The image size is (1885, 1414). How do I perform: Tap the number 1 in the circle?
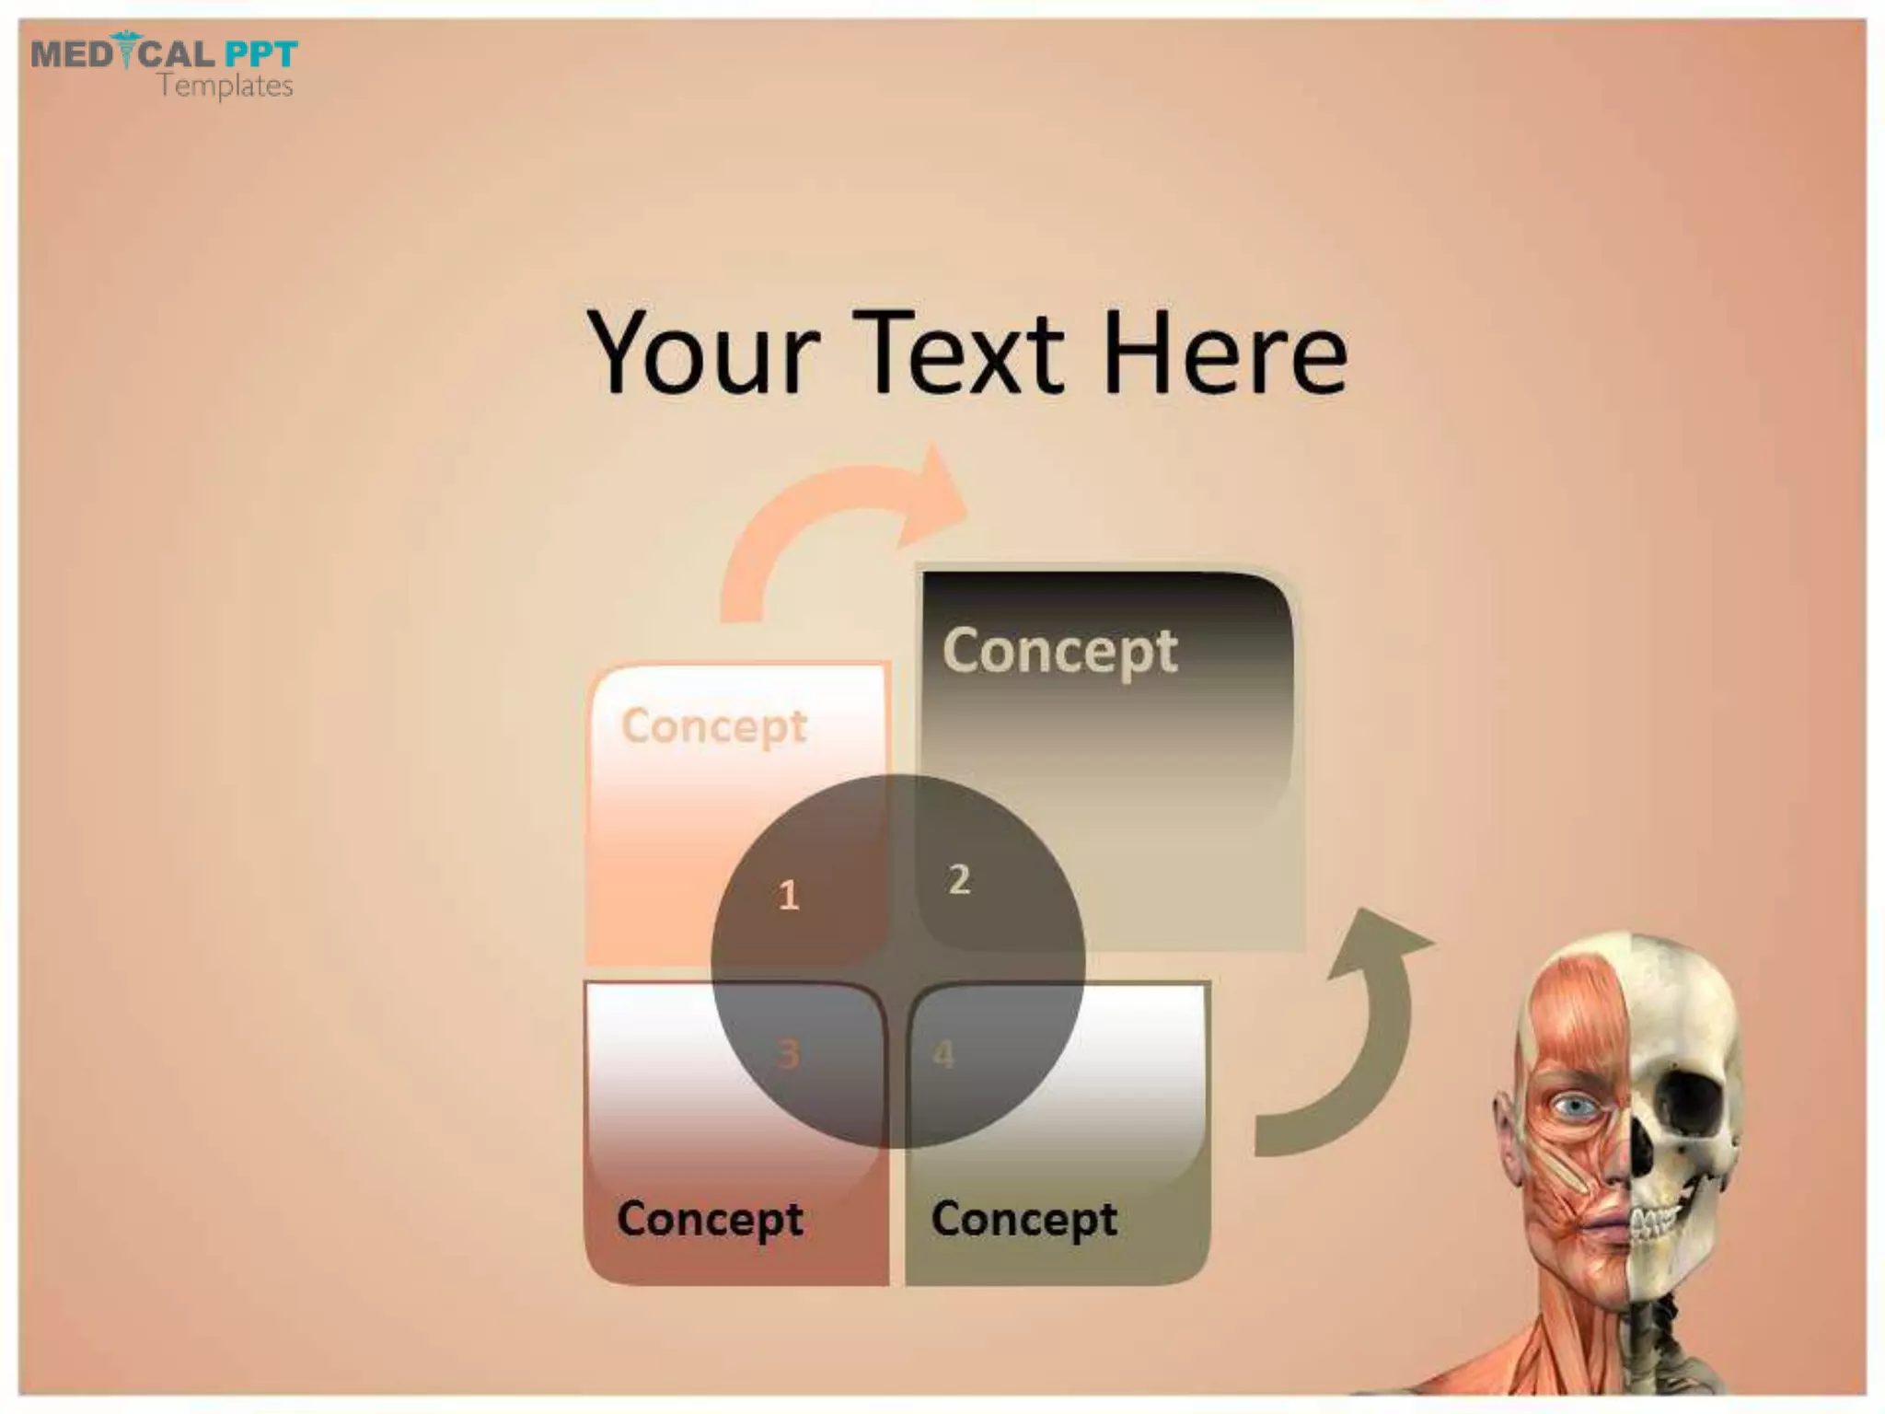click(789, 895)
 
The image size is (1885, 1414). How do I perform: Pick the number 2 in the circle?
click(959, 879)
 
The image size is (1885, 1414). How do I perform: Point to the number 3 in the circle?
click(788, 1054)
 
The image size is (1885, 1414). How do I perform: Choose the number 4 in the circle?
click(943, 1054)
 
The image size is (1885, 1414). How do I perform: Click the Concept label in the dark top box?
click(1059, 652)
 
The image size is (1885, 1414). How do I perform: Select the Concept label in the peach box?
click(714, 726)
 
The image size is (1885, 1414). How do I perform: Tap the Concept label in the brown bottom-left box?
click(710, 1219)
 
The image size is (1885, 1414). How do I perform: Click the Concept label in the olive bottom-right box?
click(1024, 1219)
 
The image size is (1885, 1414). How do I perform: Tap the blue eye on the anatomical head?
click(1576, 1105)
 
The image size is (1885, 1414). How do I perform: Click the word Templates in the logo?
click(225, 87)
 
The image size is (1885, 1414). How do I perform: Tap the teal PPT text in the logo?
click(261, 53)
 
